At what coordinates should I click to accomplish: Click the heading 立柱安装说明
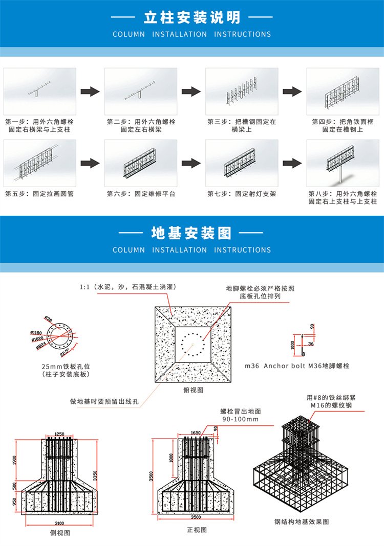[x=191, y=17]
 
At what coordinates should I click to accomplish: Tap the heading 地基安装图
[x=191, y=233]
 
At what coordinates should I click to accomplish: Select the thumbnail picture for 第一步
[x=40, y=92]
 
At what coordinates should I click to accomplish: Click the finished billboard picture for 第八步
[x=342, y=163]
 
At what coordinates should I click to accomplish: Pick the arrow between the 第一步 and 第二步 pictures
[x=90, y=92]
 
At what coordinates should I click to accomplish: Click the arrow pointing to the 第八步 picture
[x=292, y=163]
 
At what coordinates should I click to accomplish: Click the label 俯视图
[x=193, y=390]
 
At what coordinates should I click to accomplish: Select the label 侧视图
[x=60, y=533]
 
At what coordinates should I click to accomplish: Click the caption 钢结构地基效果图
[x=302, y=521]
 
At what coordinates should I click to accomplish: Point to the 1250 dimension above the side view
[x=59, y=434]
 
